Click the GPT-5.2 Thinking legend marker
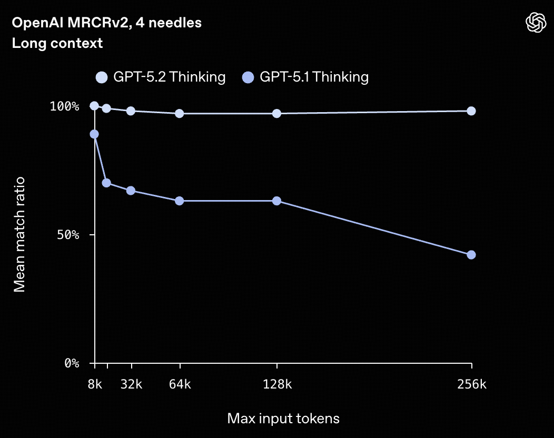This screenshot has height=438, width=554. tap(102, 77)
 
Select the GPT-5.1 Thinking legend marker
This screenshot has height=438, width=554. tap(248, 77)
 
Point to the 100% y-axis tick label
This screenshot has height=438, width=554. tap(64, 106)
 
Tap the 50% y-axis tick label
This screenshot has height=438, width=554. tap(68, 235)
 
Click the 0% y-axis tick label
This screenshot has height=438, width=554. tap(72, 363)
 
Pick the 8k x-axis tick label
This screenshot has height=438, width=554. tap(94, 384)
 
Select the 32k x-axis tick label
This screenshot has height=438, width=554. tap(131, 384)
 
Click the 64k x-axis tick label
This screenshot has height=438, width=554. tap(180, 384)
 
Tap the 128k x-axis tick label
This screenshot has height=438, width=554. tap(277, 384)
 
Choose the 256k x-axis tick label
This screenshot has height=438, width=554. tap(471, 384)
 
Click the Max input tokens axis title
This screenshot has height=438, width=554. tap(283, 419)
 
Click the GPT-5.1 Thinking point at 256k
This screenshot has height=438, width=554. tap(471, 255)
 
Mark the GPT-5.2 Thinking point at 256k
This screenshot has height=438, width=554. tap(471, 111)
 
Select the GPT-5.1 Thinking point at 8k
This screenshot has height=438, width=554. tap(94, 134)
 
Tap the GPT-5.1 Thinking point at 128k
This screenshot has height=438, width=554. tap(277, 201)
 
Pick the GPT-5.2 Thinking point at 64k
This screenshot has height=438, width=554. tap(180, 114)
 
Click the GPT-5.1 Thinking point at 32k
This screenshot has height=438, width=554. tap(131, 191)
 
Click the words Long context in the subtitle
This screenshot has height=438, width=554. tap(57, 43)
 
